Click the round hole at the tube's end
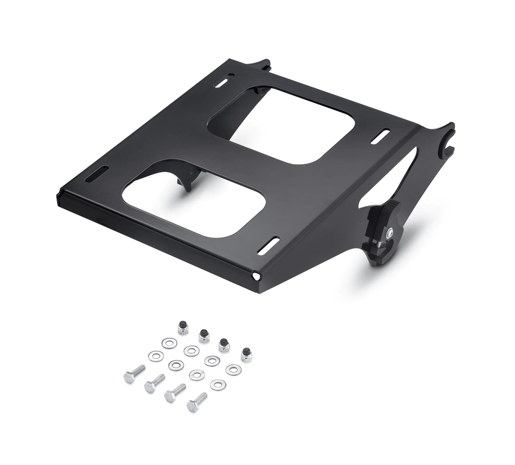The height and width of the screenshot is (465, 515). tap(256, 277)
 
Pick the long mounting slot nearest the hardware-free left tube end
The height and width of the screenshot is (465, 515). tap(99, 173)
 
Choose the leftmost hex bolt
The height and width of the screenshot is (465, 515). tap(134, 374)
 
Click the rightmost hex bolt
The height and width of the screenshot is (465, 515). tap(197, 402)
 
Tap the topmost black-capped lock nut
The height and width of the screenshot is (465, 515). tap(183, 327)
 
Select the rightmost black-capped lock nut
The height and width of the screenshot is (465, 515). tap(246, 355)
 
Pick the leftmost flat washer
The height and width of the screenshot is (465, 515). tap(156, 356)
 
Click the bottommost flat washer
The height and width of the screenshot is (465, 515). tap(218, 384)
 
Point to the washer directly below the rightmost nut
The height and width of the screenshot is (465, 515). tap(233, 370)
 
